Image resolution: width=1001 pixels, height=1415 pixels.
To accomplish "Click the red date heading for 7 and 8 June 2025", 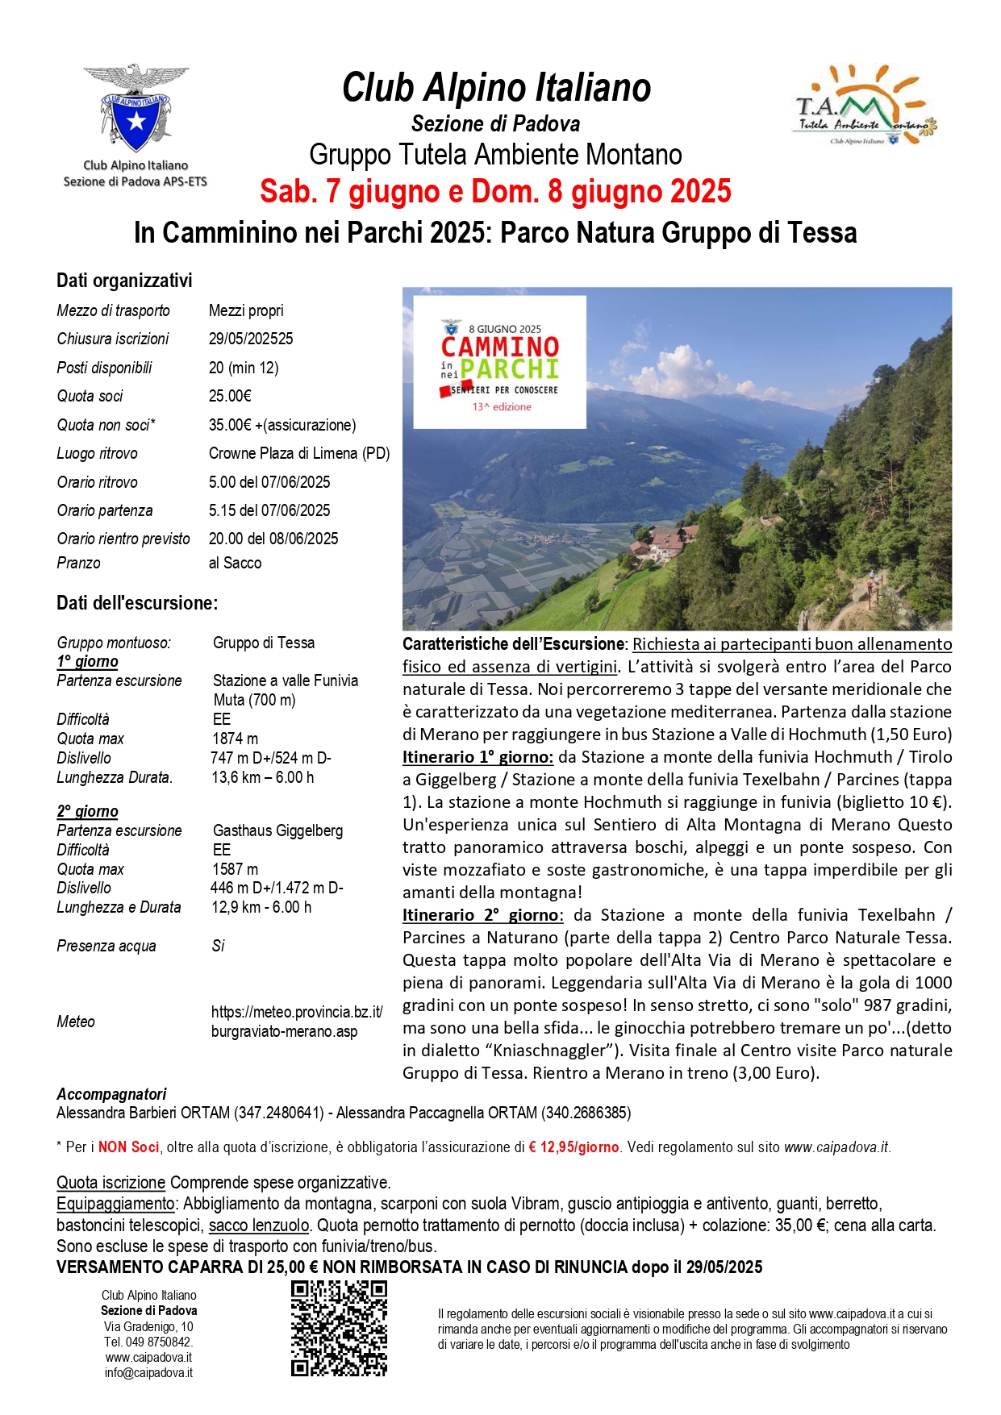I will point(495,192).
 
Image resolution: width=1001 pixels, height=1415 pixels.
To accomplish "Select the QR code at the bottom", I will point(339,1327).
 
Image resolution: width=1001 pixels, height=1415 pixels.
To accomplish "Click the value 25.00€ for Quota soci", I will point(230,396).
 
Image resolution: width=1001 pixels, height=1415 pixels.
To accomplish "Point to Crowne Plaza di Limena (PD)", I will point(298,453).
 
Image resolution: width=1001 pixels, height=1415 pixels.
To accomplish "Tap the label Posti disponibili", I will point(104,368).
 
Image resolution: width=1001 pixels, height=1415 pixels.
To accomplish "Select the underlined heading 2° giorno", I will point(87,811).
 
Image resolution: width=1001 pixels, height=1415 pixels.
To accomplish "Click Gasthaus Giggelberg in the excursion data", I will point(277,830).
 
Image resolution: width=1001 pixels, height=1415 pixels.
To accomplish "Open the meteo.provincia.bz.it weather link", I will point(296,1022).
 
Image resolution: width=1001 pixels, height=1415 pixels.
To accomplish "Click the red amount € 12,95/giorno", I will point(573,1147).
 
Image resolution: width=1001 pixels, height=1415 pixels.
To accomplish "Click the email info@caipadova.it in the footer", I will point(148,1373).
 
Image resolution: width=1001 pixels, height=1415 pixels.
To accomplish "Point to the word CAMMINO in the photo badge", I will point(499,347).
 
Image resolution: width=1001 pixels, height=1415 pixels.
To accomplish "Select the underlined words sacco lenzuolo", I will point(258,1226).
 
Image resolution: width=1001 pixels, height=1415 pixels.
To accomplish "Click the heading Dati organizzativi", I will point(124,281).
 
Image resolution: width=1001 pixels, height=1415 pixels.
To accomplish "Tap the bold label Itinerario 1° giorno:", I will point(478,757).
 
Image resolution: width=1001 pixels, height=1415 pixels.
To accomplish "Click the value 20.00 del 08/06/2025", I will point(273,539).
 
